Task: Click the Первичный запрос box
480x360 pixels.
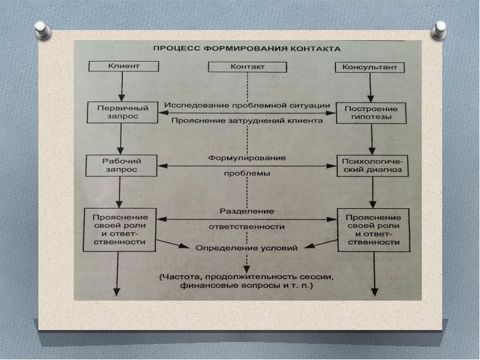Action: (122, 112)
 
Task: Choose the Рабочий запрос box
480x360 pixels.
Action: (122, 165)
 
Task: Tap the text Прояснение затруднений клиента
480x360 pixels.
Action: (247, 121)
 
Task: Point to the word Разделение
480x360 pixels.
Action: (247, 211)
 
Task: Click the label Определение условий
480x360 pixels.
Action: (247, 247)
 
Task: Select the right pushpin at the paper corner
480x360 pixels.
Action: (440, 28)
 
